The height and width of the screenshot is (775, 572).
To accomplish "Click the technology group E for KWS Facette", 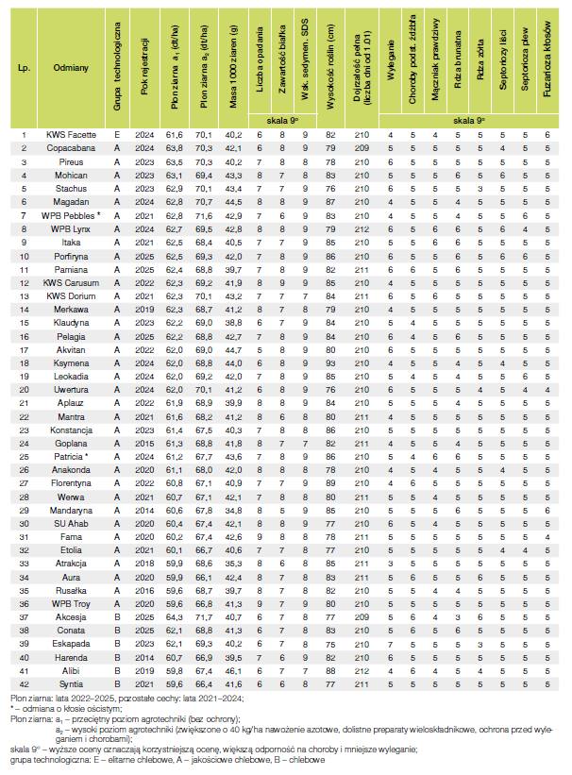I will click(x=117, y=136).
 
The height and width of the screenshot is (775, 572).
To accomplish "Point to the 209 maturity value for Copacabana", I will click(x=361, y=149).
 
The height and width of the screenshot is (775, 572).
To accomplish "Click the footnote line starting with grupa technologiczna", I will click(x=160, y=759).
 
